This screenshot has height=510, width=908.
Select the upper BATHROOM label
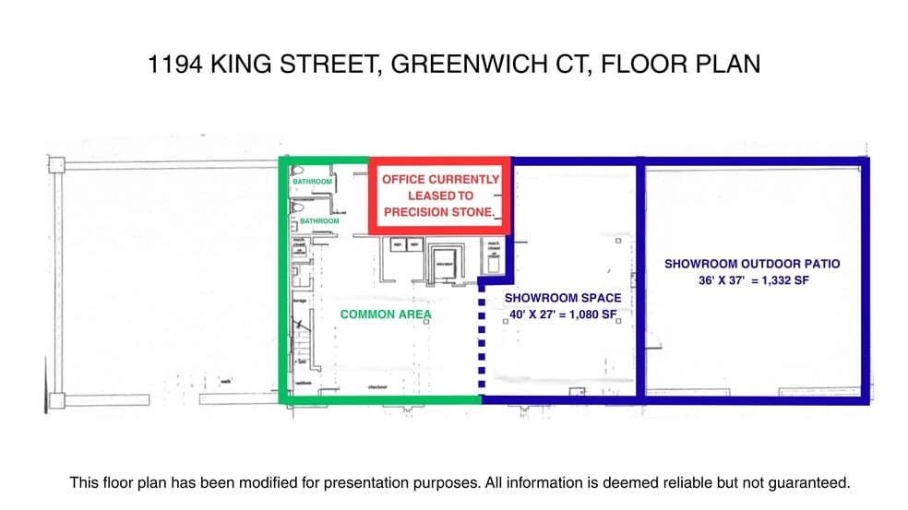click(x=312, y=182)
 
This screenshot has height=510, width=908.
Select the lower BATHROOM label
click(x=319, y=221)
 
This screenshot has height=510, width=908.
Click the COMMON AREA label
click(x=386, y=314)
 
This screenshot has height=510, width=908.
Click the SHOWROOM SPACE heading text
click(x=562, y=298)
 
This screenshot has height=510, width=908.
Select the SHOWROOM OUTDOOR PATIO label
click(x=752, y=264)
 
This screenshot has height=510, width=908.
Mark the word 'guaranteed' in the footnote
click(x=809, y=482)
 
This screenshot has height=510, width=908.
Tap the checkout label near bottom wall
click(x=376, y=387)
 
